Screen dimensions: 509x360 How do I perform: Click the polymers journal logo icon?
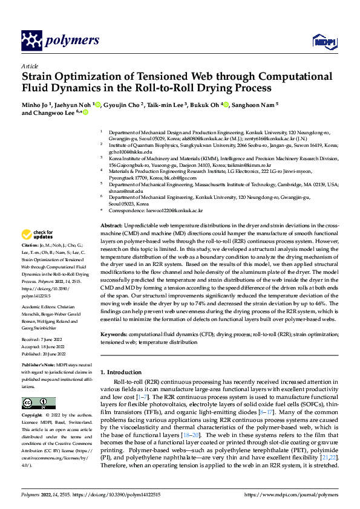pyautogui.click(x=31, y=41)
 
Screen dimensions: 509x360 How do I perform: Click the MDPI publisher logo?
pyautogui.click(x=324, y=41)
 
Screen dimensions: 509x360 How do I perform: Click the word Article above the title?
pyautogui.click(x=29, y=66)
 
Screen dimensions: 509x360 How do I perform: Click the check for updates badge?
pyautogui.click(x=37, y=235)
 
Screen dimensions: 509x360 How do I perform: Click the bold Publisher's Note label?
pyautogui.click(x=41, y=367)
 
